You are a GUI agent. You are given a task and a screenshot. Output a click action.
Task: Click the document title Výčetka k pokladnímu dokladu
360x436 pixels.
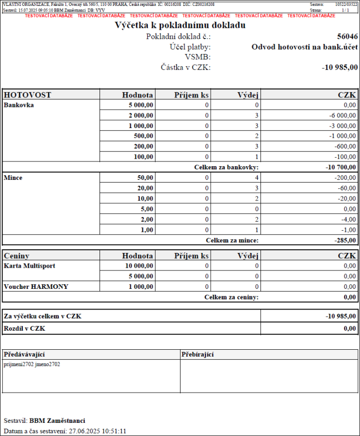point(180,25)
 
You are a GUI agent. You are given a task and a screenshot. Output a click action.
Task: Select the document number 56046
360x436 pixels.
point(347,37)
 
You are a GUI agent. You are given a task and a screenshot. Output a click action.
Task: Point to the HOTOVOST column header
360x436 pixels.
point(28,95)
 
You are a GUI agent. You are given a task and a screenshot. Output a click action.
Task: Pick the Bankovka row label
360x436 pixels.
point(19,105)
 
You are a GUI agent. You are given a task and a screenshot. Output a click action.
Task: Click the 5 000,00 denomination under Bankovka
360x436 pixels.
point(141,105)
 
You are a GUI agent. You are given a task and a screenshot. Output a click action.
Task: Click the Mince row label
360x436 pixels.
point(13,178)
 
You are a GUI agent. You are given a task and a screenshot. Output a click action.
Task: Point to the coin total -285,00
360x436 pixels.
point(344,240)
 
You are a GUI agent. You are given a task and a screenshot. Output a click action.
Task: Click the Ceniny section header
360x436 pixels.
point(17,256)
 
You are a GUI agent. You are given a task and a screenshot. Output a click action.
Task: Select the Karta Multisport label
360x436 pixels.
point(30,266)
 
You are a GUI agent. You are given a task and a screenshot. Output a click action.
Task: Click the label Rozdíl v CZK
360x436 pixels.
point(24,329)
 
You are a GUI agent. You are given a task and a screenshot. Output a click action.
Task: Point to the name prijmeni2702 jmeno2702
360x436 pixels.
point(32,364)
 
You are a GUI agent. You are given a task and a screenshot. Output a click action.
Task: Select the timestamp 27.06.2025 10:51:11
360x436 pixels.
point(97,431)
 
